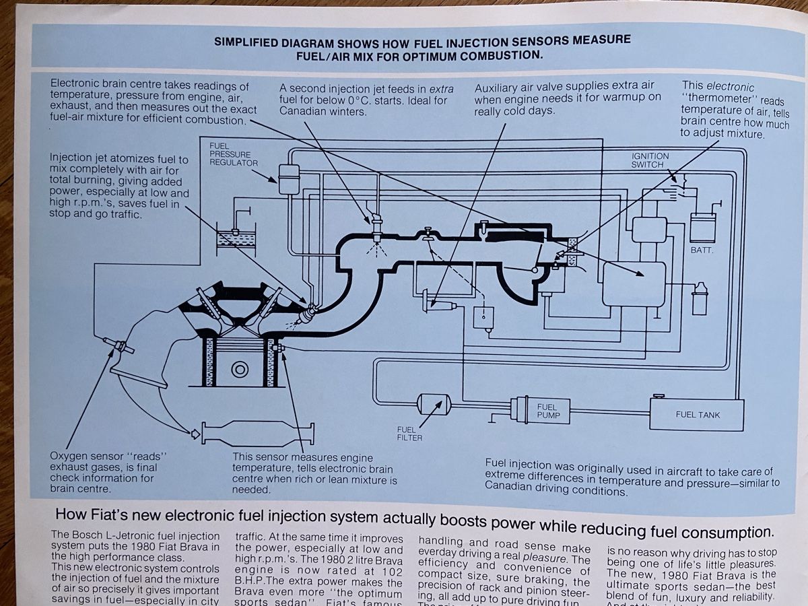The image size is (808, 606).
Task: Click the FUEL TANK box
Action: tap(697, 414)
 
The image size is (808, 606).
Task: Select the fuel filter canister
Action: tap(434, 404)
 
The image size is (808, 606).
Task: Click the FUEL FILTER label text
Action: tap(409, 434)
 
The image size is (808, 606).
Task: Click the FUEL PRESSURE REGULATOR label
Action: tap(233, 154)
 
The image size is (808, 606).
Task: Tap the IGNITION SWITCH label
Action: tap(650, 160)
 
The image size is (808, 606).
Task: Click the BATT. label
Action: tap(702, 250)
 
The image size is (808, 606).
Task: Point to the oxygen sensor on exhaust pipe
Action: tap(120, 347)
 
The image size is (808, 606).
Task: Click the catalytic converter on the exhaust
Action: tap(256, 434)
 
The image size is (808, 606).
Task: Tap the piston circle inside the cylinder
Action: tap(239, 369)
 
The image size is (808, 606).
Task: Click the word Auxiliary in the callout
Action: tap(500, 88)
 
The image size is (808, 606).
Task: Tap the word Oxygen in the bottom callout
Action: tap(71, 456)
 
